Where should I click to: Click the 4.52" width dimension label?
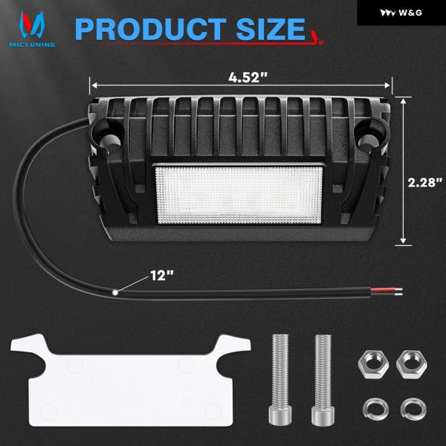(248, 77)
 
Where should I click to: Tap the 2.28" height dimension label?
(425, 182)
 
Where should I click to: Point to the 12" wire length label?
(161, 275)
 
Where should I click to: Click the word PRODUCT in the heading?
(151, 29)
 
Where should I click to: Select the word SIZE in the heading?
(271, 29)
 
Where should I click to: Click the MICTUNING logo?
(32, 29)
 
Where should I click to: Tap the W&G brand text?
(410, 13)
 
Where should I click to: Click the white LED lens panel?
(239, 195)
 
